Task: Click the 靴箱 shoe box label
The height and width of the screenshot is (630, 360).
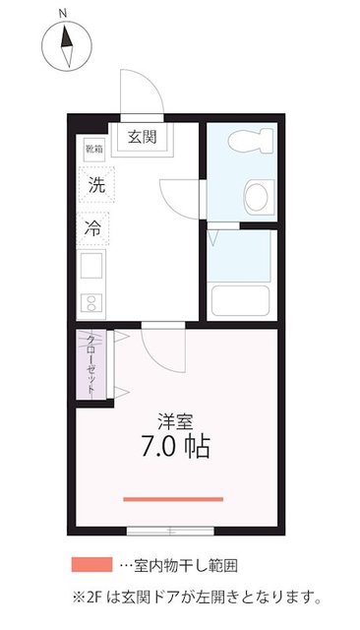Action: [93, 150]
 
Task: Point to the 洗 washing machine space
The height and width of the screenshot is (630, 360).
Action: [95, 184]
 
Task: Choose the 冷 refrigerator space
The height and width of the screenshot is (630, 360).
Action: [95, 227]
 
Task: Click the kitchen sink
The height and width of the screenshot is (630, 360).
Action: [91, 265]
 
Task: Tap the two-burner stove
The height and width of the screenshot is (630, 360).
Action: [91, 302]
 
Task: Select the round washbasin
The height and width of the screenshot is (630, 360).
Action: [258, 195]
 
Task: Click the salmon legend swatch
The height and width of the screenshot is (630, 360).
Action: [91, 566]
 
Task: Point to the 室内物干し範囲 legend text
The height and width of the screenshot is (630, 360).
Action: [183, 566]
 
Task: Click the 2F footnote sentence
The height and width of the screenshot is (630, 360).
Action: [197, 597]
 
